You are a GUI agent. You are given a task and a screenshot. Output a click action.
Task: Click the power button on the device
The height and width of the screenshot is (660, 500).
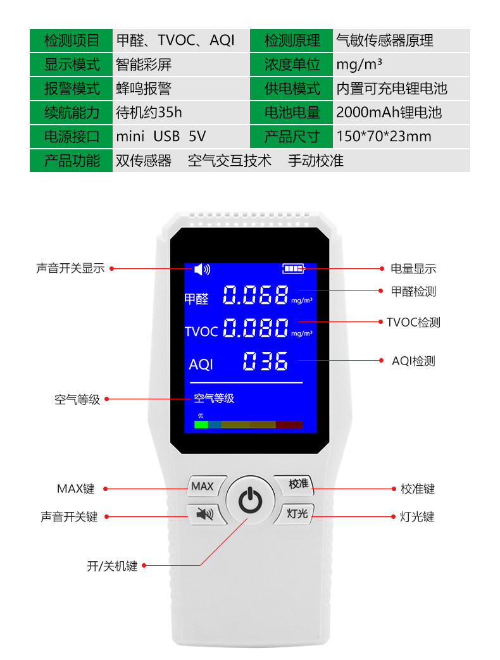(x=250, y=501)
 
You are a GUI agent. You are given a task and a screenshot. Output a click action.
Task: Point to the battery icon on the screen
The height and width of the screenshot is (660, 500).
(x=293, y=269)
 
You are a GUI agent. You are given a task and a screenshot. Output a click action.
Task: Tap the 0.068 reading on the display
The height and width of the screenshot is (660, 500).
(x=256, y=295)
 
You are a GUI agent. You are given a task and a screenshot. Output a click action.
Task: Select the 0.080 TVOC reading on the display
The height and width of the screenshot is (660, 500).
(x=256, y=328)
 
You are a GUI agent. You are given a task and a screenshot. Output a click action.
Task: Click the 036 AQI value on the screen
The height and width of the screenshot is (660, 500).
(x=266, y=361)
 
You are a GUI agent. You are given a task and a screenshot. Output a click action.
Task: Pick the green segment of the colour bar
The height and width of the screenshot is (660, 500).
(x=201, y=425)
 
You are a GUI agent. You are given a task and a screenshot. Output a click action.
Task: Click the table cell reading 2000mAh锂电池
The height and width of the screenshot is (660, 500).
(x=389, y=113)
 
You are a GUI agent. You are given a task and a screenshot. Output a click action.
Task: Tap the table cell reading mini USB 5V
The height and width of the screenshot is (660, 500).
(x=161, y=137)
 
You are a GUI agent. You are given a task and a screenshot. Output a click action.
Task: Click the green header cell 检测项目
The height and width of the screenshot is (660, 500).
(x=72, y=41)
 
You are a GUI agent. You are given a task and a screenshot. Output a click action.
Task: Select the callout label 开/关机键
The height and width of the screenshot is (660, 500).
(x=112, y=566)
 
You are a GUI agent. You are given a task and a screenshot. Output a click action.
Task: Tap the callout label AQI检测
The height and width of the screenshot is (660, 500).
(x=413, y=361)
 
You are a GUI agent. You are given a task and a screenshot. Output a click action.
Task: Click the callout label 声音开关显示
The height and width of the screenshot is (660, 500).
(x=70, y=268)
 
